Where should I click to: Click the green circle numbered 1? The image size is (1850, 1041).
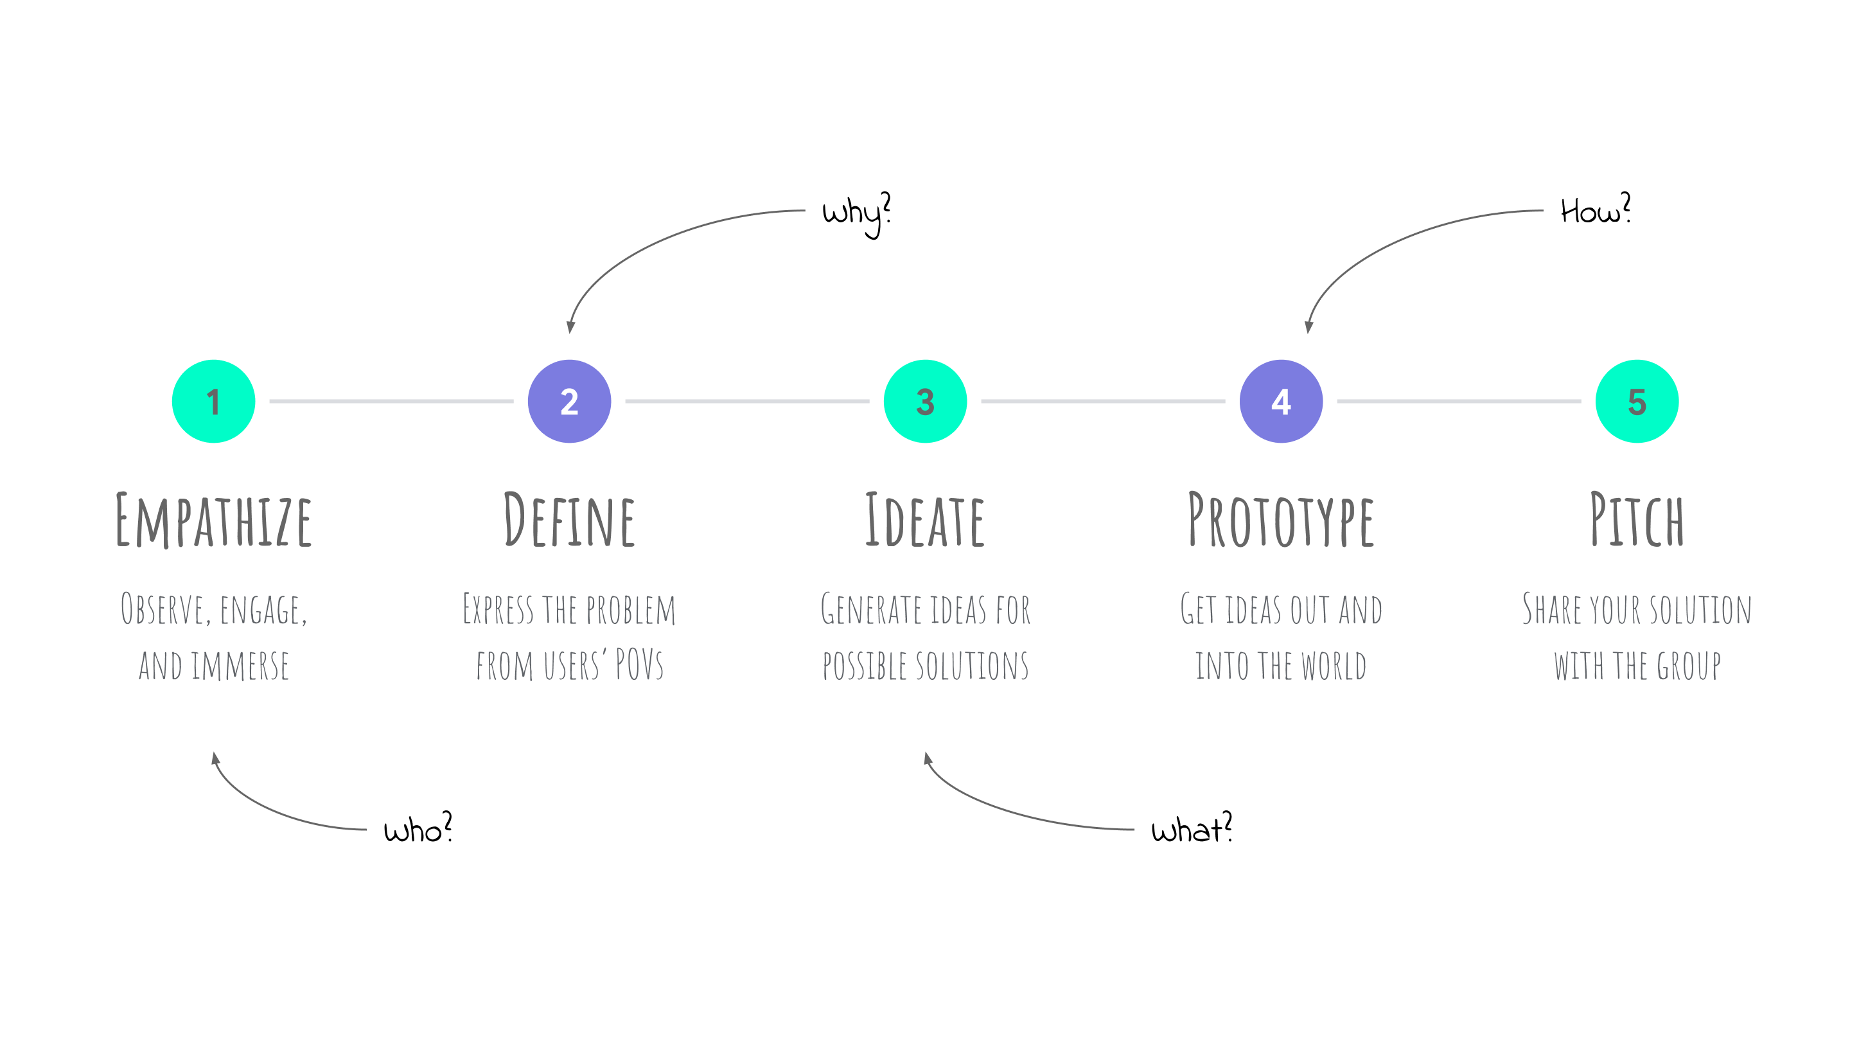pos(213,401)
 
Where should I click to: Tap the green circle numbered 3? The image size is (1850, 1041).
pos(925,401)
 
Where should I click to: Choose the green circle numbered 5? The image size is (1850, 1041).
pos(1637,401)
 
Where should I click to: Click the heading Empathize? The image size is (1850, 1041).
pos(214,520)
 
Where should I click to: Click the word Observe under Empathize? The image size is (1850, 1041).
pos(163,609)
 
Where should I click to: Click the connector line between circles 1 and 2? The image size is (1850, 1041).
pos(391,401)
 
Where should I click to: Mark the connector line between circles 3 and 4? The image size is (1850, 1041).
pos(1102,401)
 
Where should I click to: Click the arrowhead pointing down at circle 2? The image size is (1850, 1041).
pos(571,327)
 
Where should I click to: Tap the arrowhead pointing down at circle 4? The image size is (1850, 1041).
pos(1308,327)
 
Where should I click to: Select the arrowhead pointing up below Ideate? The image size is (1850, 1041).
pos(927,758)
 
